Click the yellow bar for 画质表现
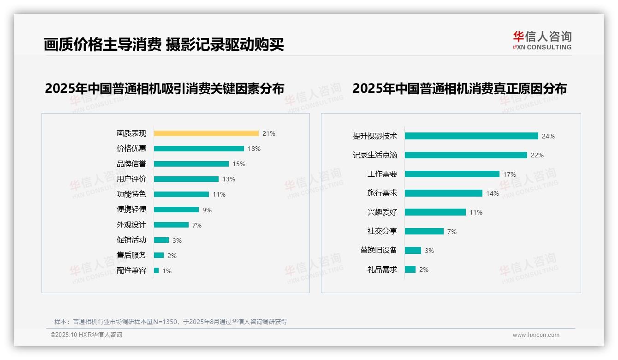click(x=206, y=133)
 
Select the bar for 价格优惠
click(x=199, y=149)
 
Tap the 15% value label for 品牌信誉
click(x=239, y=164)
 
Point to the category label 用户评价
click(x=131, y=179)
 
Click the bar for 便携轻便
click(x=176, y=210)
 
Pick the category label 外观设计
click(x=131, y=225)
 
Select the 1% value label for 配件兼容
click(x=166, y=271)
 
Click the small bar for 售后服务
click(x=159, y=255)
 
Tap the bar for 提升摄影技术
click(x=471, y=136)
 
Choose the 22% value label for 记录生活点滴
click(x=537, y=155)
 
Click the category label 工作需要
click(x=382, y=174)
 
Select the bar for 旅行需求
click(x=444, y=193)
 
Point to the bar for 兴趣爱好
click(x=435, y=212)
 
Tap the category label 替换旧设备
click(x=378, y=250)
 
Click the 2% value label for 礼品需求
click(x=423, y=270)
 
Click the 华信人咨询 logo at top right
click(x=542, y=41)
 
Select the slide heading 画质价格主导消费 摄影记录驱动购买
click(x=164, y=44)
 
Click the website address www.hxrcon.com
click(x=536, y=335)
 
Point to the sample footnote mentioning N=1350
click(x=171, y=322)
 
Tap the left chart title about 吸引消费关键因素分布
click(x=164, y=88)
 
